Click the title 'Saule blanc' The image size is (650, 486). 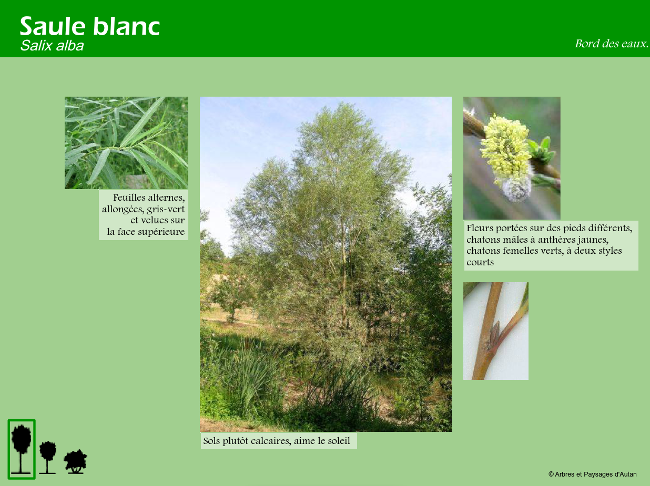point(90,26)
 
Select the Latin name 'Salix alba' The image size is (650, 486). point(52,46)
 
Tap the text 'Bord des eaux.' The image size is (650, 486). point(611,44)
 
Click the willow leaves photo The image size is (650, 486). point(126,142)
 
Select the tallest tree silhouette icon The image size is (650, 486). point(21,448)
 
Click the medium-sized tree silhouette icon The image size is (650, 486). point(48,457)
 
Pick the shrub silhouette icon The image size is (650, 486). point(76,462)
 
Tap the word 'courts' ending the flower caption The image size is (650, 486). point(480,262)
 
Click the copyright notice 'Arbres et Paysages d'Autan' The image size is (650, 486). point(593,474)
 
